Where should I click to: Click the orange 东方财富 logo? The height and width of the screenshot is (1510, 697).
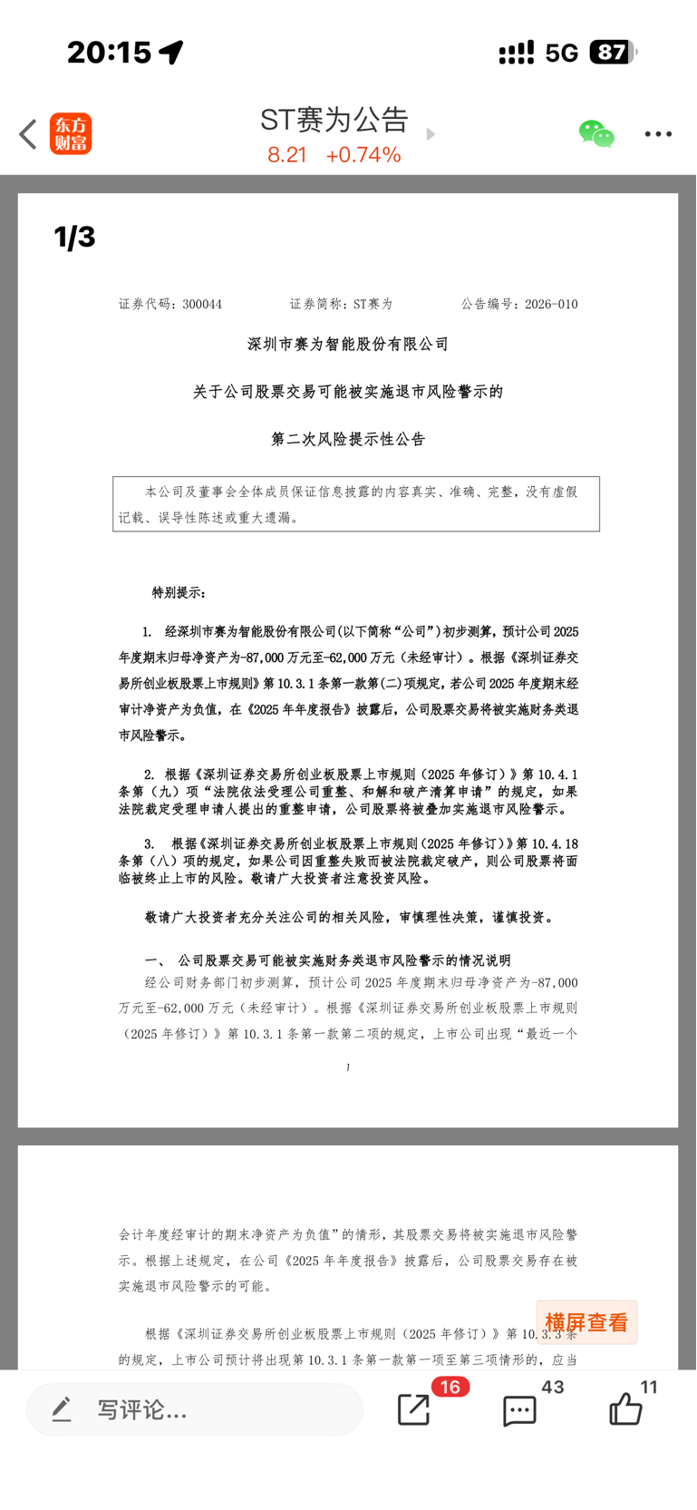pyautogui.click(x=71, y=134)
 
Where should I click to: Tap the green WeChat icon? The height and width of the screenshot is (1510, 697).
pyautogui.click(x=596, y=134)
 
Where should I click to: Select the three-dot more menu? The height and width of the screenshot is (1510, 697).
pyautogui.click(x=658, y=134)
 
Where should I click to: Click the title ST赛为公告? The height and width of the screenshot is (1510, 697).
pyautogui.click(x=334, y=120)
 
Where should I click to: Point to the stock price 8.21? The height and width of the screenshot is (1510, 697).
pyautogui.click(x=286, y=155)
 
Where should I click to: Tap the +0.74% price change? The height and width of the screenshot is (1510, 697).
pyautogui.click(x=363, y=155)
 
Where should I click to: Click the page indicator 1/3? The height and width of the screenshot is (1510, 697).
pyautogui.click(x=74, y=238)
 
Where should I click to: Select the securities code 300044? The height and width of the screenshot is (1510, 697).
pyautogui.click(x=202, y=305)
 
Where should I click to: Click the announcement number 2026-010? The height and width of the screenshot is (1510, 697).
pyautogui.click(x=551, y=305)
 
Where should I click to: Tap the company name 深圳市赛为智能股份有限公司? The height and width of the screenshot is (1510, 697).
pyautogui.click(x=348, y=345)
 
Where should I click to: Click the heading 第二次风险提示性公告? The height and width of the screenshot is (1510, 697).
pyautogui.click(x=348, y=440)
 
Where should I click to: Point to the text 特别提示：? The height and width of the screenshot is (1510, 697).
pyautogui.click(x=179, y=593)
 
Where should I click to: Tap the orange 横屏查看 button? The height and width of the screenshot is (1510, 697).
pyautogui.click(x=586, y=1322)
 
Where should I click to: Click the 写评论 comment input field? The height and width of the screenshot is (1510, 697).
pyautogui.click(x=195, y=1409)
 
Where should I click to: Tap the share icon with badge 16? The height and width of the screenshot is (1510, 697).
pyautogui.click(x=414, y=1409)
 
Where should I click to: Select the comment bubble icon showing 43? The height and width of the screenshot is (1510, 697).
pyautogui.click(x=519, y=1410)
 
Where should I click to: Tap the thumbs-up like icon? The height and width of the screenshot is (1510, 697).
pyautogui.click(x=625, y=1409)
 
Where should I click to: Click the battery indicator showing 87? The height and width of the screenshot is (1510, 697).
pyautogui.click(x=613, y=53)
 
